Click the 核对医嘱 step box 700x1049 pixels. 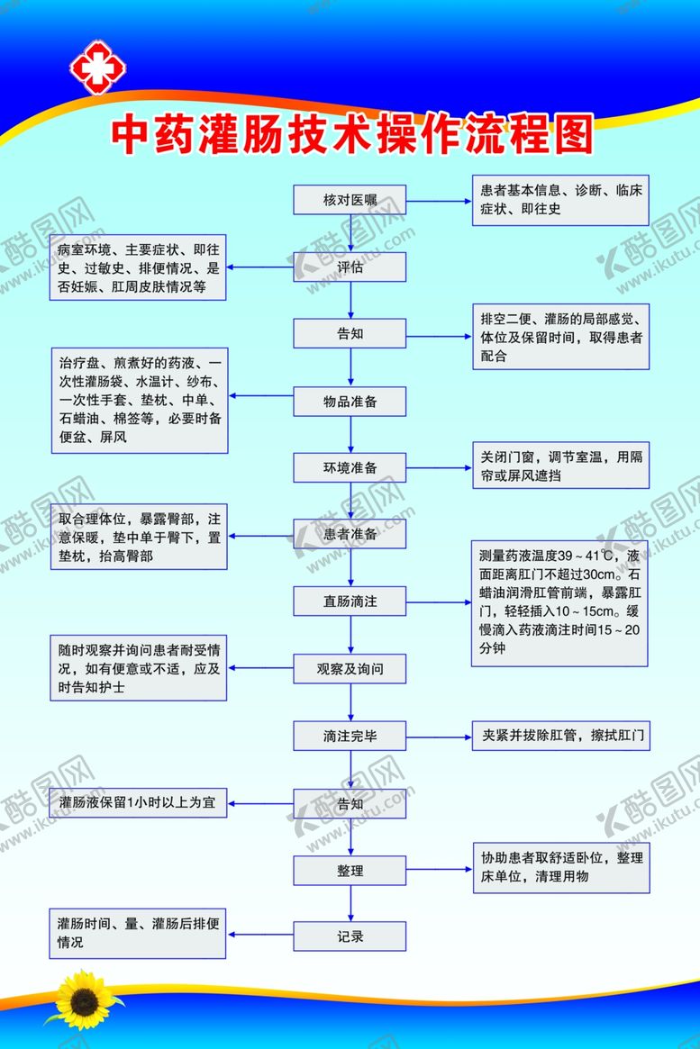[x=350, y=199]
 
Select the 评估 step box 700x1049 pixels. [x=350, y=267]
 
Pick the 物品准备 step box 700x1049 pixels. [x=350, y=401]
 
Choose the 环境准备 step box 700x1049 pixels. [x=350, y=467]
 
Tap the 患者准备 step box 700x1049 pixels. [x=350, y=534]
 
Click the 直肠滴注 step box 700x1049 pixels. [x=350, y=601]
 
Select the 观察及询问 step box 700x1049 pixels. [x=350, y=668]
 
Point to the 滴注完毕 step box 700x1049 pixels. [x=350, y=736]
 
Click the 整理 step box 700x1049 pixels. [x=350, y=870]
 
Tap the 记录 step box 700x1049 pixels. [x=350, y=936]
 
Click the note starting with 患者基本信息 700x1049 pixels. [x=560, y=200]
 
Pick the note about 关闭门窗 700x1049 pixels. [x=560, y=466]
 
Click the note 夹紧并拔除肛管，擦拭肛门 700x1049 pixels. [x=560, y=736]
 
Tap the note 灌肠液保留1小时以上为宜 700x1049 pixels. [x=139, y=801]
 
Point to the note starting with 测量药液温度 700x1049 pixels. [x=559, y=603]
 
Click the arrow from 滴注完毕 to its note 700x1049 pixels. [x=439, y=736]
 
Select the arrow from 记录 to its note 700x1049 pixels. [x=260, y=936]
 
